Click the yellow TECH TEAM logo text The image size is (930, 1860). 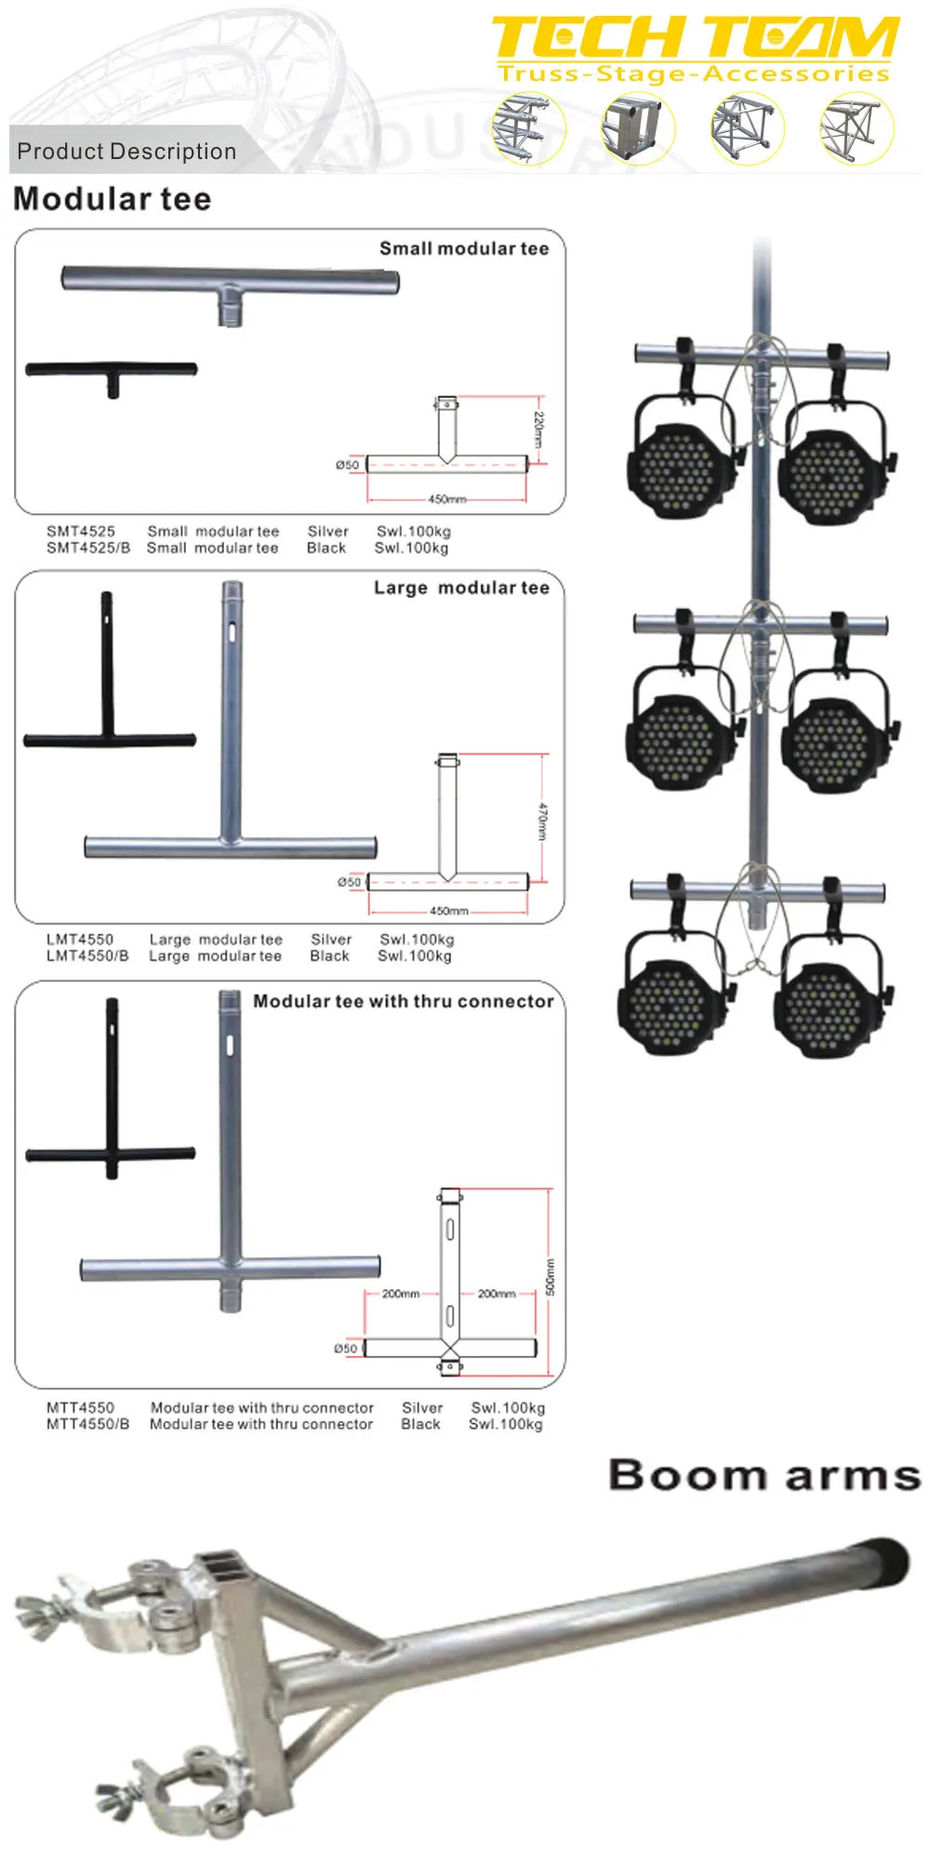click(695, 39)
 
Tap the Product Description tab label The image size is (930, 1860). click(126, 152)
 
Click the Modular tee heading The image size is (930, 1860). click(113, 199)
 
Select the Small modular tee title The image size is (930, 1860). click(463, 248)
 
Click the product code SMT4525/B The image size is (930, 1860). click(88, 548)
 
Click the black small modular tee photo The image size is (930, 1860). click(112, 374)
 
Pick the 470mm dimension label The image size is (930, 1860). click(542, 821)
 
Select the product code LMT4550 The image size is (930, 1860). click(80, 939)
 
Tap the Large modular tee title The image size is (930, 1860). click(461, 588)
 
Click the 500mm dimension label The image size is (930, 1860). click(550, 1277)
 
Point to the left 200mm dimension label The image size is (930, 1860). click(401, 1294)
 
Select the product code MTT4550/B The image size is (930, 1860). click(88, 1424)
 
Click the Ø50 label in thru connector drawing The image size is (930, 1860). click(345, 1348)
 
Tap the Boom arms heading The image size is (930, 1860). click(764, 1476)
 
